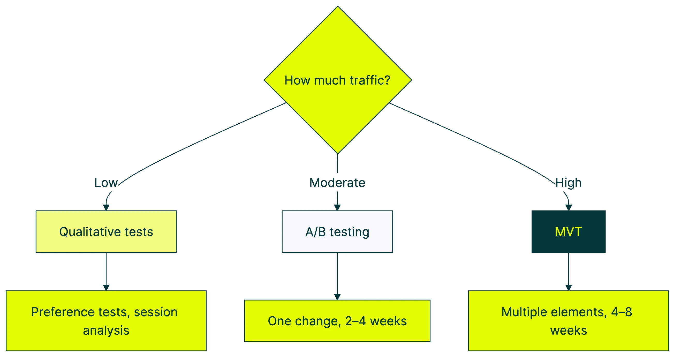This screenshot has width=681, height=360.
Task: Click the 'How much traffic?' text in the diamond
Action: click(x=337, y=80)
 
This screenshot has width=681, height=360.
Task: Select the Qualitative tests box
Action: click(x=106, y=232)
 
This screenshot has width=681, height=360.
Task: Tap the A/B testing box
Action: click(x=337, y=232)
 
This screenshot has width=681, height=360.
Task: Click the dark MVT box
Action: click(x=568, y=232)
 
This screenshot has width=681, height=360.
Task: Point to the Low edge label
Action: click(x=106, y=183)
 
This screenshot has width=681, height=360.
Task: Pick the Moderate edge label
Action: click(x=337, y=183)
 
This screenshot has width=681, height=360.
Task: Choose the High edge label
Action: click(x=568, y=183)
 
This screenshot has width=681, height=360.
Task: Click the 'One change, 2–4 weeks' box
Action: click(x=337, y=321)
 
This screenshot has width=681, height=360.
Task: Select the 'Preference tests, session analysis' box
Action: click(x=106, y=321)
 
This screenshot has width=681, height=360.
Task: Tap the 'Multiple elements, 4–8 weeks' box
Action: click(x=568, y=321)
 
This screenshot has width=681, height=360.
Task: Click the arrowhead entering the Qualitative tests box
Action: click(x=106, y=208)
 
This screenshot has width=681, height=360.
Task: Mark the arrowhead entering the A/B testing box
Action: click(x=337, y=208)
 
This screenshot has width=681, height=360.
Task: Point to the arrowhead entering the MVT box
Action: click(x=568, y=208)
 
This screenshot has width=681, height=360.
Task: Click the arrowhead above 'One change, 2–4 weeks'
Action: click(x=337, y=297)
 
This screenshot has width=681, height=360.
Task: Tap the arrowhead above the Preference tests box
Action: click(x=106, y=288)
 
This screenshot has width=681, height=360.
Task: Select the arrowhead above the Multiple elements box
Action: click(x=568, y=288)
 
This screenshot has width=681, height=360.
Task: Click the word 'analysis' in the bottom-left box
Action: click(x=106, y=330)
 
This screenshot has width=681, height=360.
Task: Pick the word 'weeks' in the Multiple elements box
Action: click(x=568, y=330)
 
